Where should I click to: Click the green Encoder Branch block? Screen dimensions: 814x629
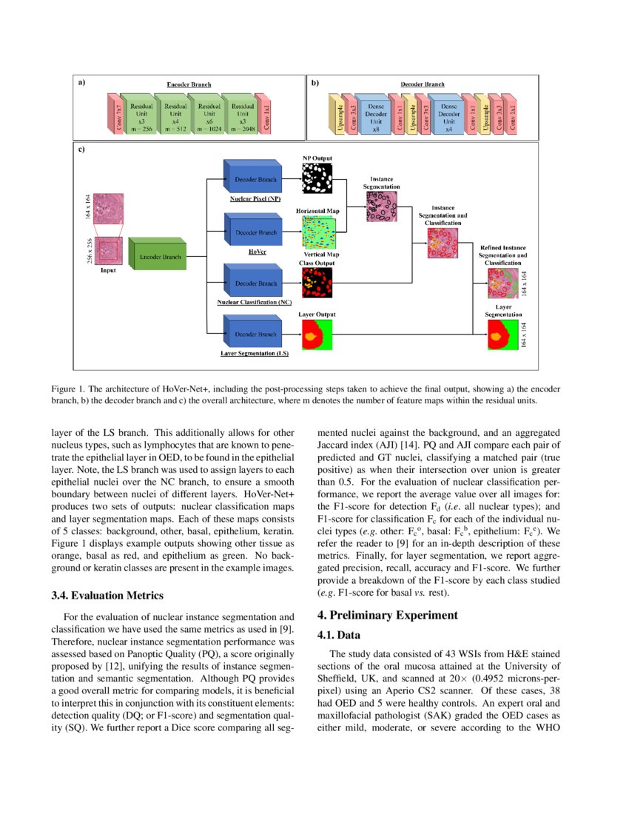[156, 256]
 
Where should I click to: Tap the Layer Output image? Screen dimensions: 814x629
[317, 334]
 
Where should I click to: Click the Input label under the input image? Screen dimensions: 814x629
[108, 271]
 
